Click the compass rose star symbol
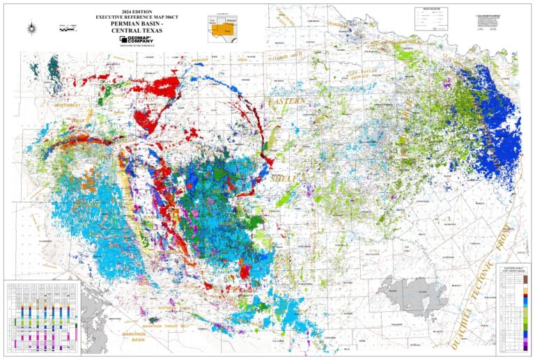33,28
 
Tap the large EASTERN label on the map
288,102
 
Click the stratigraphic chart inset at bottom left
42,317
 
